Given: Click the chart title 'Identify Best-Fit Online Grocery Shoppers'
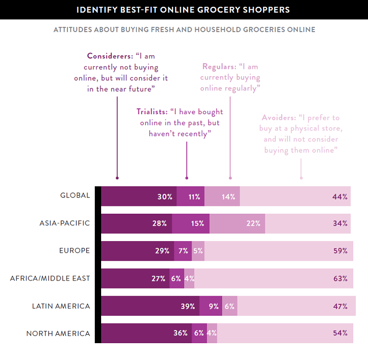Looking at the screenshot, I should pos(184,9).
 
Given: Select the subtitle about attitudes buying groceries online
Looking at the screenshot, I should pos(184,29).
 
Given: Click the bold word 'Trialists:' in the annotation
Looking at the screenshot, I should pos(152,112).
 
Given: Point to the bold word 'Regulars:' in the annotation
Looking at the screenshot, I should pos(219,66).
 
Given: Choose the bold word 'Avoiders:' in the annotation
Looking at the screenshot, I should pos(279,117).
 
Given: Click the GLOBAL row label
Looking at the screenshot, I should pos(75,196).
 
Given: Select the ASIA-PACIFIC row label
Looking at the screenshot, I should pos(65,223).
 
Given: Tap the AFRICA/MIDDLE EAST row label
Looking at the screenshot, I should pos(50,278).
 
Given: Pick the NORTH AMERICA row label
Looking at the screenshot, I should pos(58,333).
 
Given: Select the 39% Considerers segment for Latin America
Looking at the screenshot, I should pos(150,306).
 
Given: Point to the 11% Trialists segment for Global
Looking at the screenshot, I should pos(191,196).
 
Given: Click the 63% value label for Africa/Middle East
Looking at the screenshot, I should pos(340,278).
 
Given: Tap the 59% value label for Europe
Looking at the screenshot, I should pos(340,251).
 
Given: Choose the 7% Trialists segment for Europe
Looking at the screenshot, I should pos(182,251).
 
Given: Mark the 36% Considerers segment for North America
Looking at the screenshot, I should pos(146,333).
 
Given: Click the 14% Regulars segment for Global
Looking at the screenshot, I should pos(222,196).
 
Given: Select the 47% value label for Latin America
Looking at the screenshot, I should pos(340,306).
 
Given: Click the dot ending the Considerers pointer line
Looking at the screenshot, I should pos(117,178).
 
